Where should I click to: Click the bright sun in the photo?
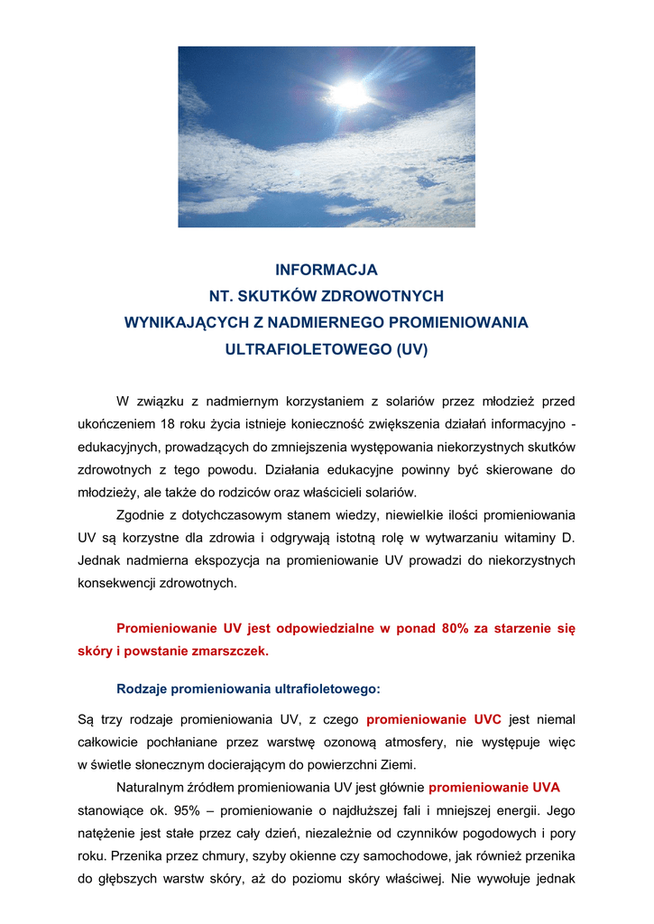point(349,92)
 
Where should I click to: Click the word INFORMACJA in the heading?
point(327,270)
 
